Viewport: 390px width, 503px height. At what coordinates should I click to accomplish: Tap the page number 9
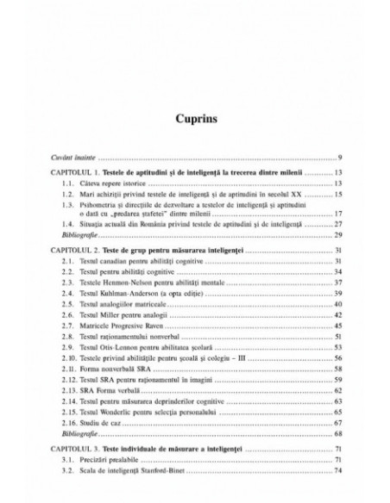point(342,158)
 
